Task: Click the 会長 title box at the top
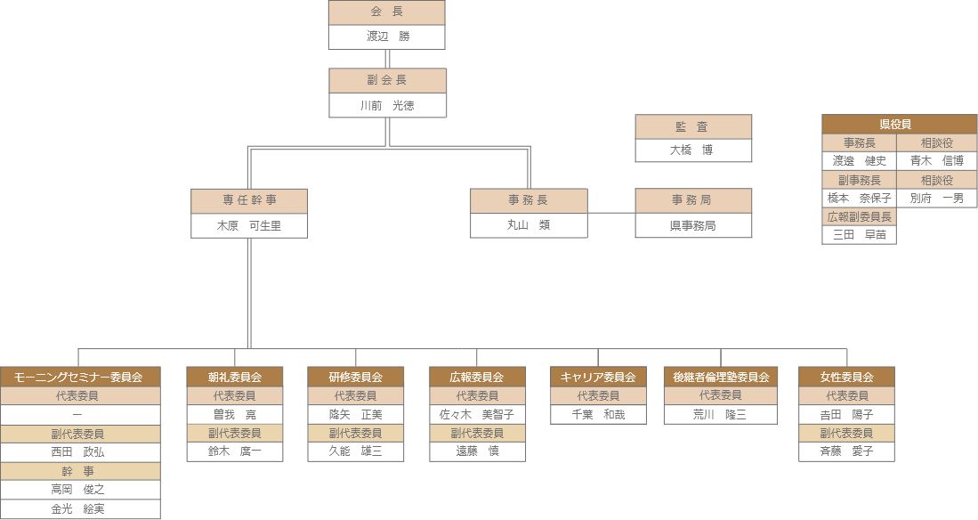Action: (386, 12)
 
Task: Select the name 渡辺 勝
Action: (386, 37)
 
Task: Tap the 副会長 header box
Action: (387, 81)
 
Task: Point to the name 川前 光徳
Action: (387, 105)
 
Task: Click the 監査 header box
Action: (693, 127)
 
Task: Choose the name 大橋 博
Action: (693, 150)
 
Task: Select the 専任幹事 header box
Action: (249, 201)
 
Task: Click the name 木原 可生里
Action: (249, 226)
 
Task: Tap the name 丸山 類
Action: (529, 225)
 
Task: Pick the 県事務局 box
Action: (693, 226)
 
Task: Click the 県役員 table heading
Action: (899, 125)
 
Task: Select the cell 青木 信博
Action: (936, 161)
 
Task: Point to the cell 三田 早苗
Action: (859, 235)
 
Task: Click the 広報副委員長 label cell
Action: (859, 216)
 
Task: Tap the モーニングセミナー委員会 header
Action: (80, 377)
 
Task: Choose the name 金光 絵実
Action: (80, 509)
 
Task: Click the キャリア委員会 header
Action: (598, 377)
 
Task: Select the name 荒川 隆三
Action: (721, 415)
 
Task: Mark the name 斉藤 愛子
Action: (846, 451)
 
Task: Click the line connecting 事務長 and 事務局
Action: (611, 213)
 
